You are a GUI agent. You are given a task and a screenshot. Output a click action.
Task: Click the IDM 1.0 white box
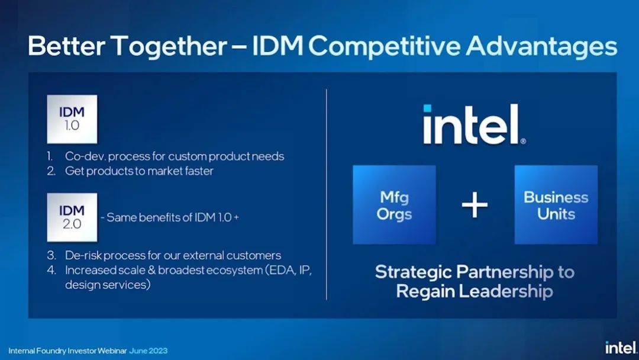pyautogui.click(x=72, y=119)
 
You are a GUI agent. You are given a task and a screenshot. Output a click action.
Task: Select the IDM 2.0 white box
pyautogui.click(x=72, y=217)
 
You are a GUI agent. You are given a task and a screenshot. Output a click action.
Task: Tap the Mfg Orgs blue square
pyautogui.click(x=394, y=205)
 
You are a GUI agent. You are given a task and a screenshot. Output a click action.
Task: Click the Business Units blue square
pyautogui.click(x=556, y=205)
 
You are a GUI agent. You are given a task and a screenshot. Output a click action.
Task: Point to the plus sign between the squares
pyautogui.click(x=475, y=205)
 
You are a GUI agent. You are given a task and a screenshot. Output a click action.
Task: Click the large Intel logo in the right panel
pyautogui.click(x=475, y=124)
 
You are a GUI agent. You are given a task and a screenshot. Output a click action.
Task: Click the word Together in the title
pyautogui.click(x=169, y=46)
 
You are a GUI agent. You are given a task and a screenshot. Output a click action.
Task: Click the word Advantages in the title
pyautogui.click(x=541, y=46)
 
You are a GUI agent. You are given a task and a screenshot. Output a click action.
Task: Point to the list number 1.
pyautogui.click(x=50, y=156)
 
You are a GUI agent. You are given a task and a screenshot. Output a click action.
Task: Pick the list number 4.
pyautogui.click(x=51, y=271)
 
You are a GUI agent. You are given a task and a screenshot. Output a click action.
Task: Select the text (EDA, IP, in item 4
pyautogui.click(x=288, y=271)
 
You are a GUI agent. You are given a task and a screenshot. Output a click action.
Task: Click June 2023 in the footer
pyautogui.click(x=149, y=351)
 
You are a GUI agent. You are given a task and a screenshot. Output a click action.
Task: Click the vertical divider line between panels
pyautogui.click(x=327, y=194)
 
